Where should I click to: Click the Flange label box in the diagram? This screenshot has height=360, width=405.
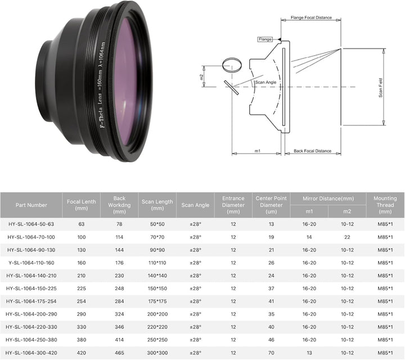tap(264, 39)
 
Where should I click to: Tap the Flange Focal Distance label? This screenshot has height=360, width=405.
tap(310, 17)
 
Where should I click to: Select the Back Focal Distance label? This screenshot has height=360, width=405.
tap(312, 151)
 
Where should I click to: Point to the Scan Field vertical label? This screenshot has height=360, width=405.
tap(381, 87)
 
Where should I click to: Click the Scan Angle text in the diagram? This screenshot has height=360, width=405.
tap(265, 83)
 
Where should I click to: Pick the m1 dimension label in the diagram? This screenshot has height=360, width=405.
tap(257, 151)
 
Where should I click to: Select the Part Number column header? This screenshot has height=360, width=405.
tap(31, 205)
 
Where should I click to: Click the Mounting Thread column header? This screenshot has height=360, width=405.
tap(385, 205)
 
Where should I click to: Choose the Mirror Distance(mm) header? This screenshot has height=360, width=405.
tap(328, 199)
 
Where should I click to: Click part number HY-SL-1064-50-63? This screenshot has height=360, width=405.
tap(31, 224)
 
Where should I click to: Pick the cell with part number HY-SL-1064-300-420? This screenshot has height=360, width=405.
tap(31, 352)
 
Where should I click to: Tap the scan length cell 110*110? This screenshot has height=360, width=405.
tap(157, 263)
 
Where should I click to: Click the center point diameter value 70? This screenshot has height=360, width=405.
tap(272, 352)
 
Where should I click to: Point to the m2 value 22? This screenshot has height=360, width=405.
tap(347, 237)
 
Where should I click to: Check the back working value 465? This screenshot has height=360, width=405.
tap(119, 352)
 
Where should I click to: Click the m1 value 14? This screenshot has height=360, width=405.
tap(309, 237)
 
